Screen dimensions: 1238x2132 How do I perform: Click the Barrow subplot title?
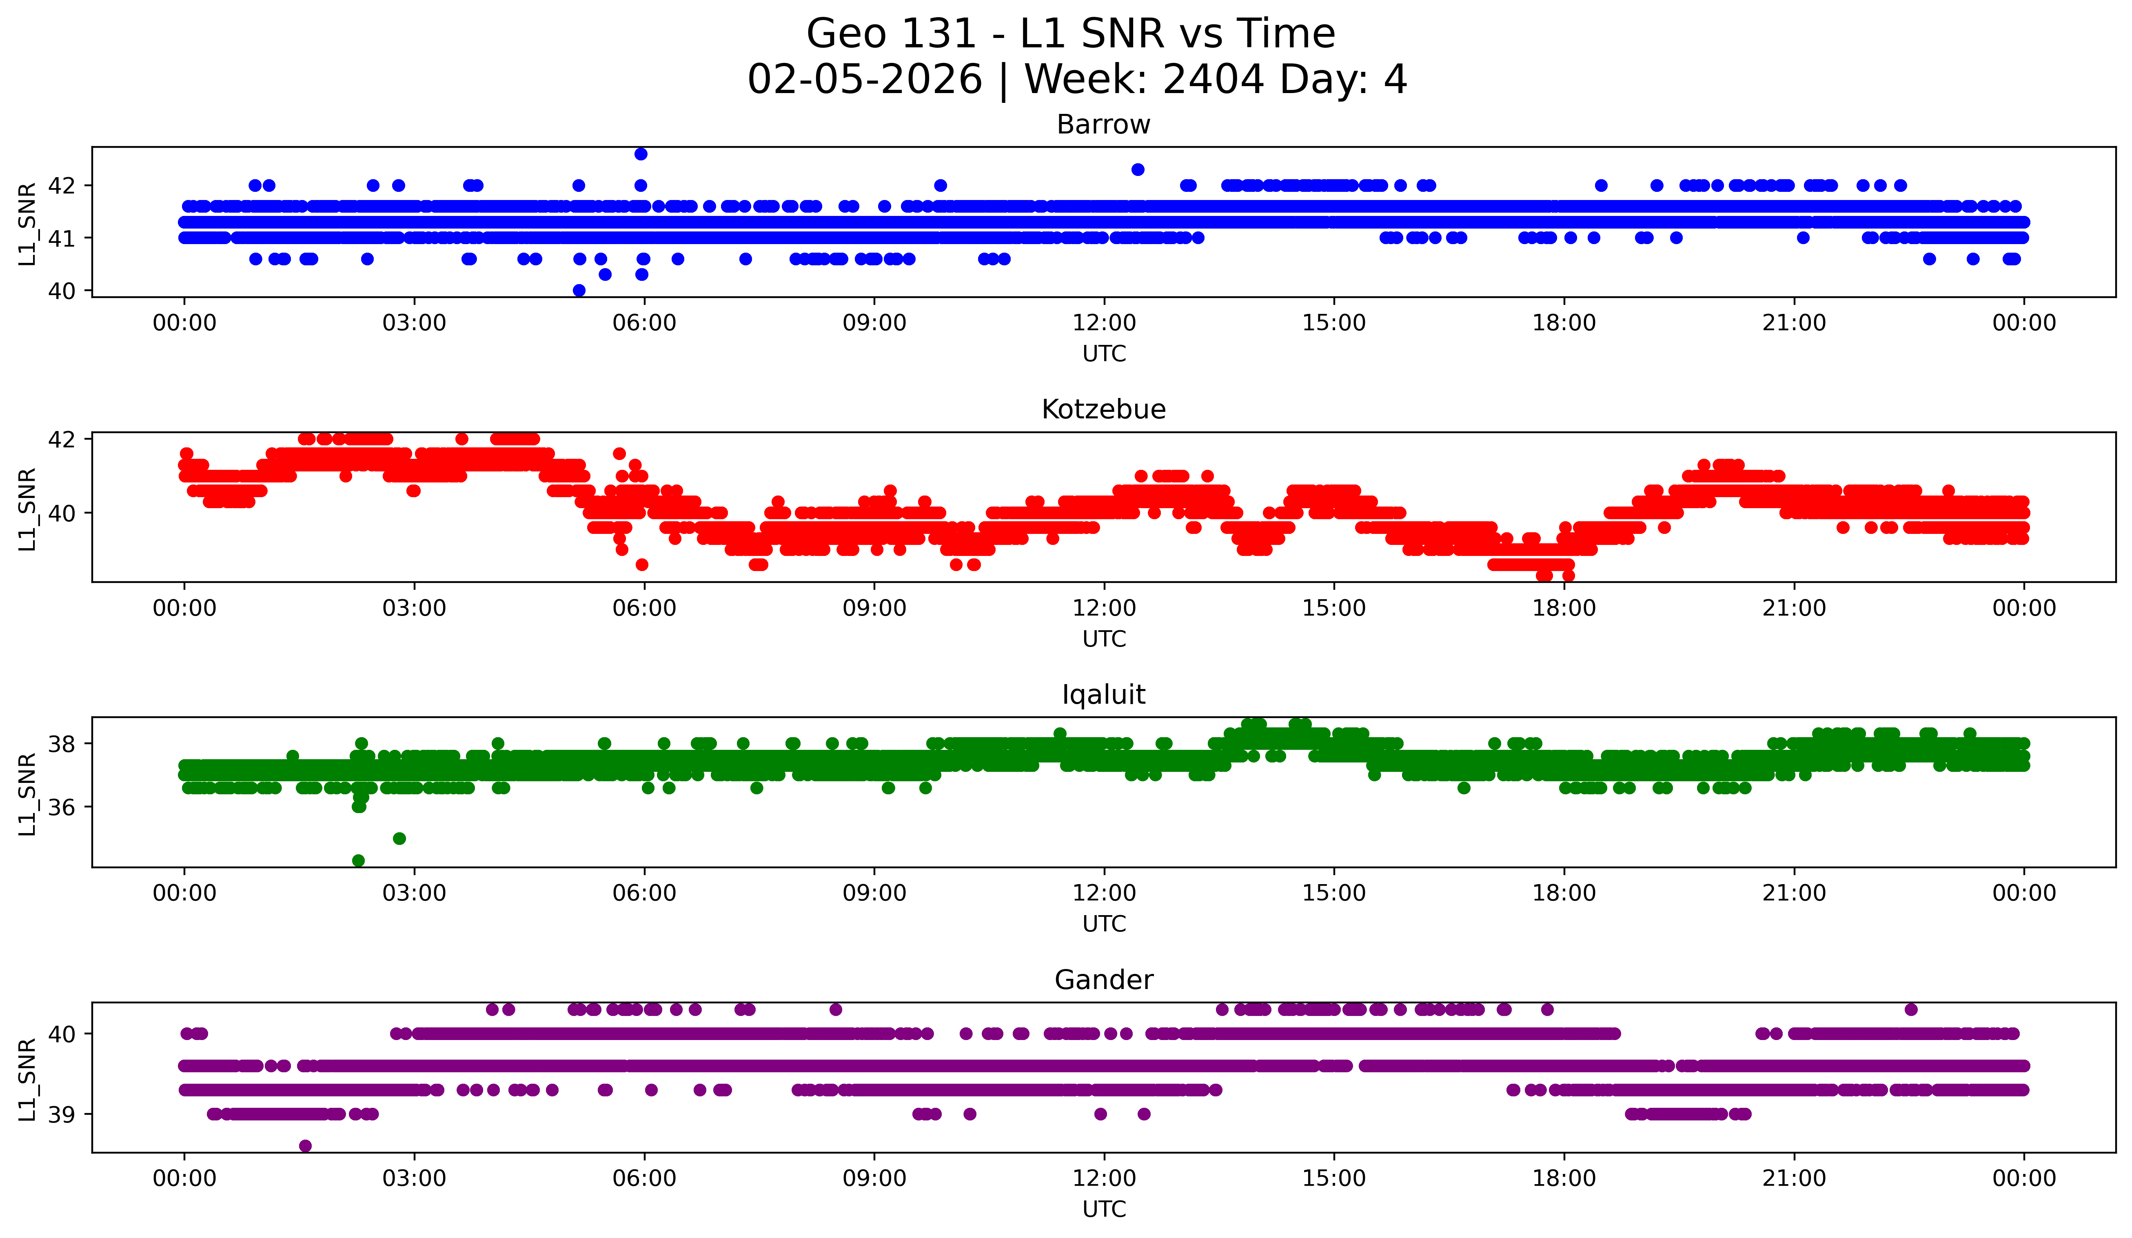[1103, 124]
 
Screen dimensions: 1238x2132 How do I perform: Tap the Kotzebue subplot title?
[1103, 409]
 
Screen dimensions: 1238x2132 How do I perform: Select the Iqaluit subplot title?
[1103, 695]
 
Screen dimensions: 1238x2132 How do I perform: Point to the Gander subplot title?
[1103, 980]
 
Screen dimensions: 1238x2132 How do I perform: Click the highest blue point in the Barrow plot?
[641, 154]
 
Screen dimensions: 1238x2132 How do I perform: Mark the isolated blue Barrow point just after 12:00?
[1138, 169]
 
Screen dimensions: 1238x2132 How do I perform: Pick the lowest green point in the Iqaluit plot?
[359, 860]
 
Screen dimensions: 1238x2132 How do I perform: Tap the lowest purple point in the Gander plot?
[306, 1146]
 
